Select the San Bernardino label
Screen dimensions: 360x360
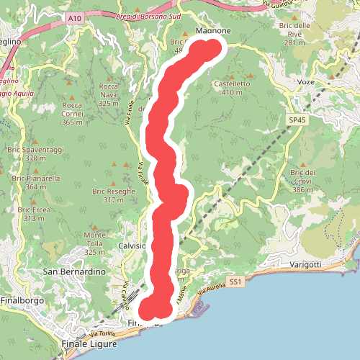coord(75,272)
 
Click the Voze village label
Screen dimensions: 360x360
coord(306,82)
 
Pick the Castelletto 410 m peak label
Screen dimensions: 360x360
coord(232,88)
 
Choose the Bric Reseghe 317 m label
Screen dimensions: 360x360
coord(113,195)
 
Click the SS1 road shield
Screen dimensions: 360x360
coord(234,282)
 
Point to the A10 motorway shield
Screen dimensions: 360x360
coord(72,16)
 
